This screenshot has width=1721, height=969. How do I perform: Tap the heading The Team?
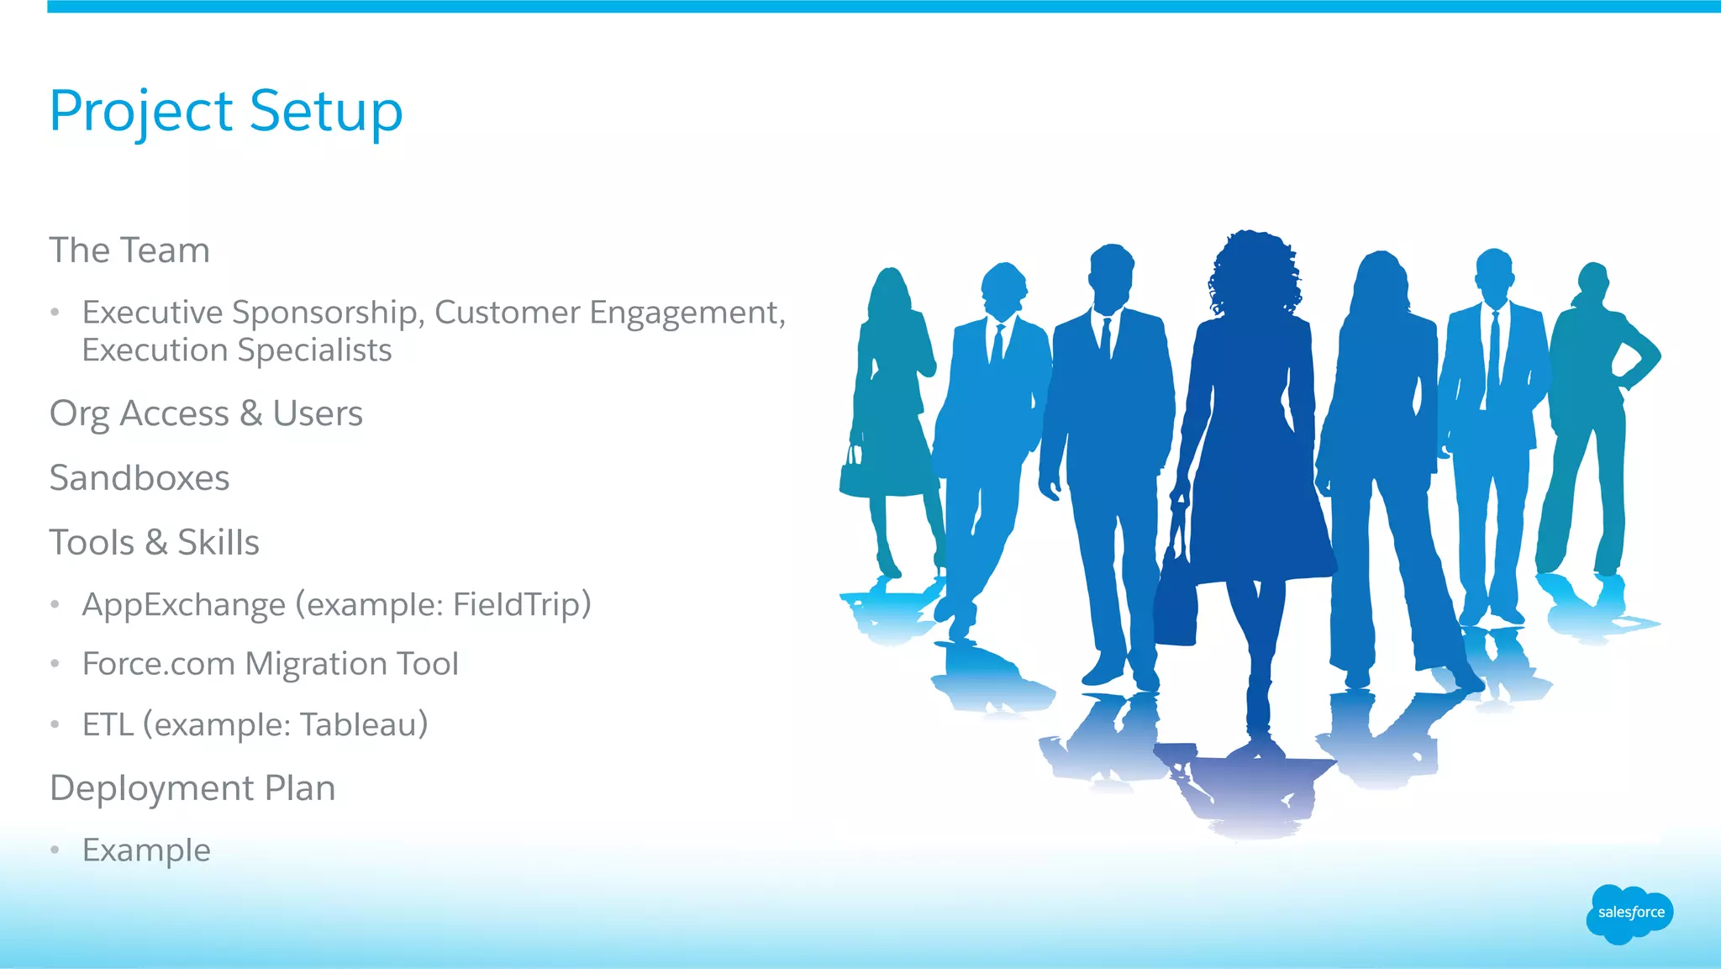(129, 250)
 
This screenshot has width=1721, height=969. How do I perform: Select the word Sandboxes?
(139, 478)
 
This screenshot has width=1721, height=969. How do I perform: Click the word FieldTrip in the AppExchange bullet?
(522, 604)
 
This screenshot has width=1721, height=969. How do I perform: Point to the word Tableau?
(364, 724)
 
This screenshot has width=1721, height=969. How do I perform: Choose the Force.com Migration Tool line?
(270, 664)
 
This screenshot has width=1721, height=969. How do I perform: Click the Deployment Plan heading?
(192, 788)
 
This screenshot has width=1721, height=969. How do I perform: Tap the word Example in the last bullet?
(146, 851)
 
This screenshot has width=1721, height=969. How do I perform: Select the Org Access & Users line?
(206, 413)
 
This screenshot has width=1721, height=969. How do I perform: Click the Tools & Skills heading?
(154, 543)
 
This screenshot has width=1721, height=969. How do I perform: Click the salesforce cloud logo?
(1629, 913)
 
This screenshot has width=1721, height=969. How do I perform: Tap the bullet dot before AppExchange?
(55, 604)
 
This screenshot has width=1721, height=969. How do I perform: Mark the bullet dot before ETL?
(55, 724)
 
